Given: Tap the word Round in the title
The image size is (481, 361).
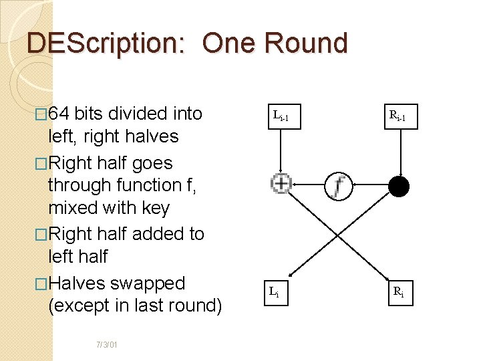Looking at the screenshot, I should click(306, 43).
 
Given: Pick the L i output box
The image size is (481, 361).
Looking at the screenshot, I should click(275, 291).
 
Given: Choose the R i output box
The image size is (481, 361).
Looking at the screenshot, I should click(398, 291).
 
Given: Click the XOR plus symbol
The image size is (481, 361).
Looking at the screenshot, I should click(281, 183).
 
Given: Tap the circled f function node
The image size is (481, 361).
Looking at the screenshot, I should click(339, 185).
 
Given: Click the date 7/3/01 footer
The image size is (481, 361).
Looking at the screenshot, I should click(107, 345).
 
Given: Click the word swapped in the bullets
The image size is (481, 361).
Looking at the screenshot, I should click(148, 283).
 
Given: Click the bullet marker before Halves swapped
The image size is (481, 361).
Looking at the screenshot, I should click(42, 284).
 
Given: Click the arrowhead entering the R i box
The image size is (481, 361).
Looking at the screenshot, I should click(393, 278).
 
